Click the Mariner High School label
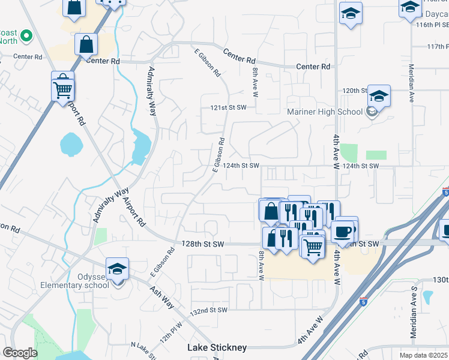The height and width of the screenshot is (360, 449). [x=325, y=112]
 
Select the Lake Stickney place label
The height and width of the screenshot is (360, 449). [x=217, y=348]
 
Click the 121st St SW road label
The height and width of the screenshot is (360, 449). [x=228, y=107]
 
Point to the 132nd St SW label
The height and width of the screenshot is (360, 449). [x=209, y=310]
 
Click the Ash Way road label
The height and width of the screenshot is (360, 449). [x=161, y=297]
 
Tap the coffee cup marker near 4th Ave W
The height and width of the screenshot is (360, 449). [x=343, y=231]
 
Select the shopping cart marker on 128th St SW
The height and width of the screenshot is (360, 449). [x=313, y=247]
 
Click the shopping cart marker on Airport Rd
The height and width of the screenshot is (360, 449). [x=62, y=91]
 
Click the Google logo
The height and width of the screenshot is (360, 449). [x=20, y=352]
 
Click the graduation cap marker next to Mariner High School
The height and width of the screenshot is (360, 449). [x=379, y=95]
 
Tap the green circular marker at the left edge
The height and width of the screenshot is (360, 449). [x=26, y=37]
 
